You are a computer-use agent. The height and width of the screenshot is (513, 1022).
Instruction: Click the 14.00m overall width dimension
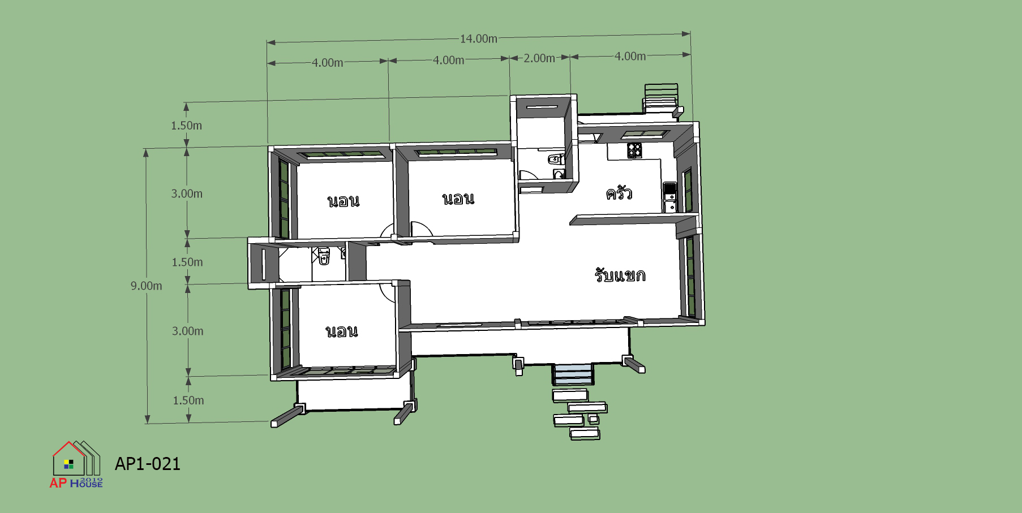pos(478,38)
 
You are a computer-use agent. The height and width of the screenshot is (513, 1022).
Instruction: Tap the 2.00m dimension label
pos(539,58)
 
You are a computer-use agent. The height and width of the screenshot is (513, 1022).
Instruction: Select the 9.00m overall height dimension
pos(147,286)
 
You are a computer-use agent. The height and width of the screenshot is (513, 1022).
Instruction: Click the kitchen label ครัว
pos(619,193)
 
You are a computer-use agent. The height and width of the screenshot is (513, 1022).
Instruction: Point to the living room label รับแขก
pos(620,275)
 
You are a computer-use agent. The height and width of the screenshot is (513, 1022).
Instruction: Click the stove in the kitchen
pos(634,150)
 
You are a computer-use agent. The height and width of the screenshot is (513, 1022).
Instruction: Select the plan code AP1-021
pos(148,464)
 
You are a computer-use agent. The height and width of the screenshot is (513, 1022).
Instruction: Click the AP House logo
pos(76,464)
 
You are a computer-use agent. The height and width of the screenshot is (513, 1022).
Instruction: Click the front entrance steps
pos(573,374)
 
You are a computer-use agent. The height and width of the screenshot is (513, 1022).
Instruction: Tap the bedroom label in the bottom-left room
pos(342,331)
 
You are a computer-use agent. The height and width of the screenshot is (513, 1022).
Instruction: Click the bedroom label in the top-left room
pos(343,201)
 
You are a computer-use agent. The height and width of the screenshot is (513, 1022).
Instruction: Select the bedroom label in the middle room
pos(458,199)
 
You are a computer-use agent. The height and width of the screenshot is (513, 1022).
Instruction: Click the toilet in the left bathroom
pos(324,256)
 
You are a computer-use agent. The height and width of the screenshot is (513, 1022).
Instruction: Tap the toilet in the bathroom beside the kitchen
pos(556,159)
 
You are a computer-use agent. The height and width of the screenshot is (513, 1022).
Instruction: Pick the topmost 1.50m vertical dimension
pos(187,126)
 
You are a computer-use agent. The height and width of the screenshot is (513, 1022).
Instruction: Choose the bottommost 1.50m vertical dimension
pos(188,400)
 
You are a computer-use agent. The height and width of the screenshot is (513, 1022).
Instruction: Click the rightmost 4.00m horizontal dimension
pos(630,56)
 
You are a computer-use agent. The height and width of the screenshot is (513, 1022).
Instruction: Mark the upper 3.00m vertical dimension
pos(187,193)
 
